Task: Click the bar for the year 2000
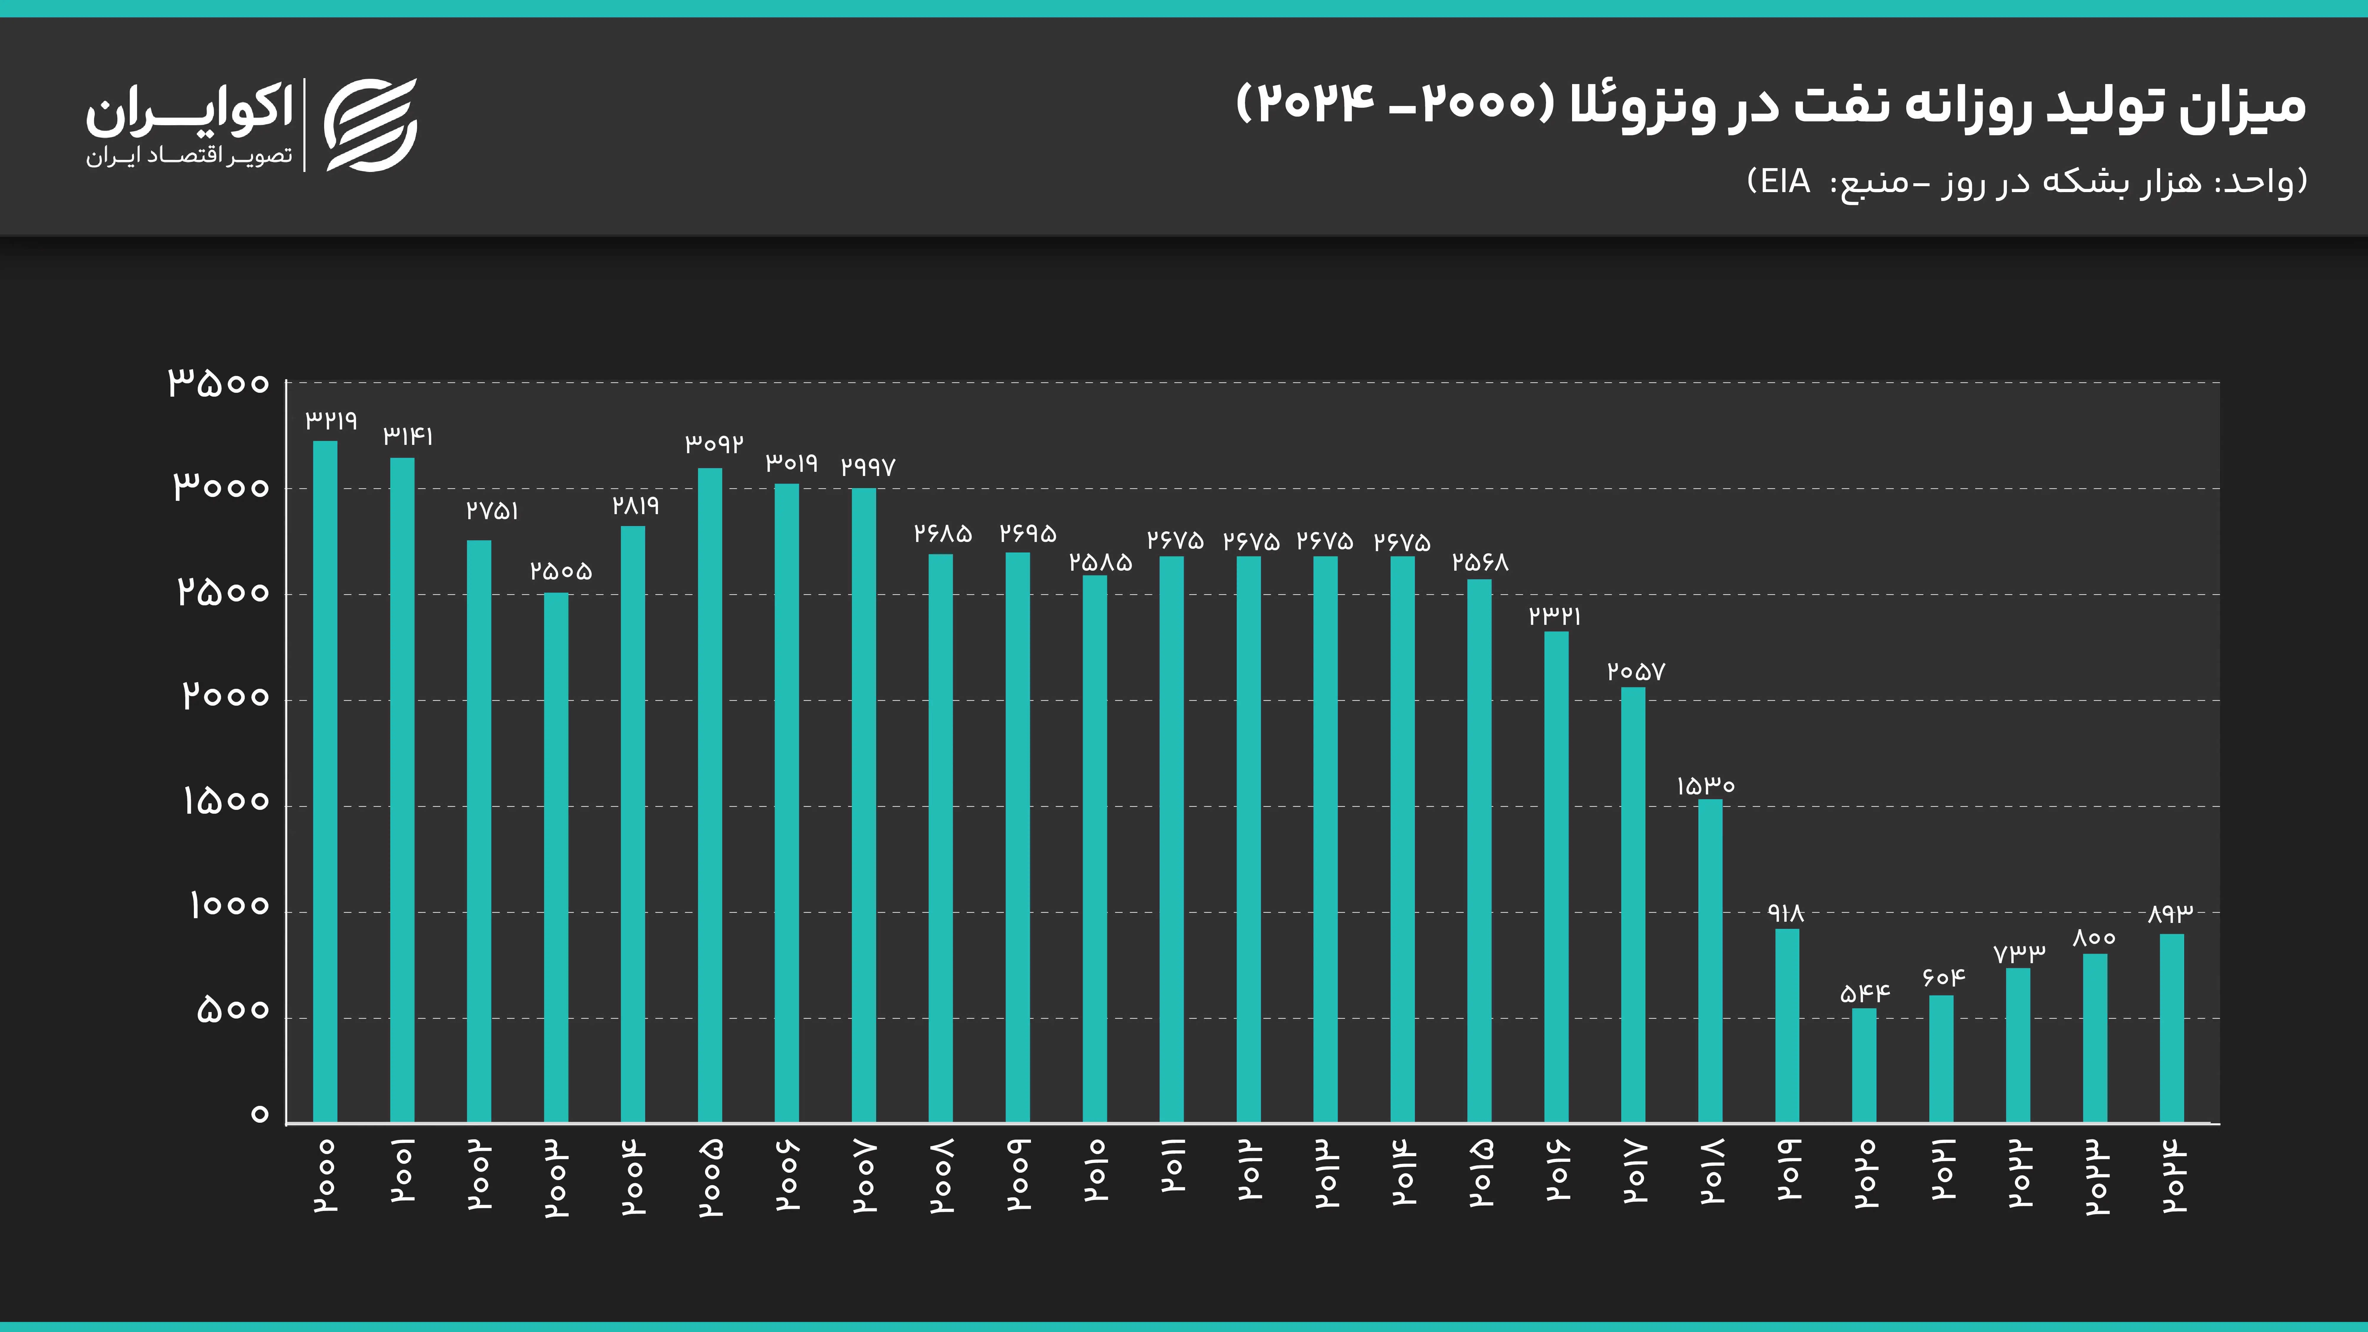coord(325,781)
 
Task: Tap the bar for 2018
coord(1710,961)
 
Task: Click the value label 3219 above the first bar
coord(331,421)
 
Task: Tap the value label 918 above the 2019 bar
coord(1786,913)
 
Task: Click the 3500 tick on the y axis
coord(219,382)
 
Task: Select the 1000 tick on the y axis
coord(229,906)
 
